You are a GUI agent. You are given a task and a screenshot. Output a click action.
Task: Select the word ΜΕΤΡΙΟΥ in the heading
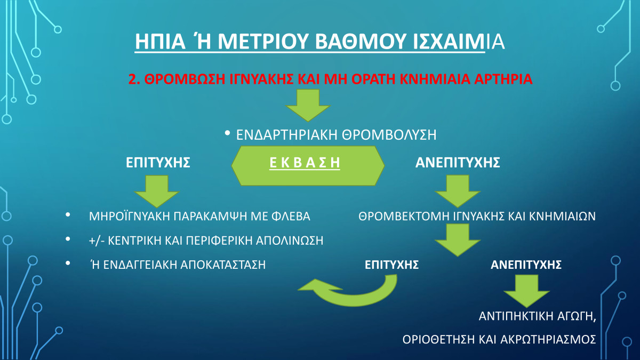[x=263, y=42]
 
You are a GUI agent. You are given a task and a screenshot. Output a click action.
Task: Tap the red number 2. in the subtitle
[x=134, y=79]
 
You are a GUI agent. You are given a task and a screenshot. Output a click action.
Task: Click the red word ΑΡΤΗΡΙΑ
[x=503, y=79]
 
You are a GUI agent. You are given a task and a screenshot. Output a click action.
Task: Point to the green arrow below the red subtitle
[x=308, y=105]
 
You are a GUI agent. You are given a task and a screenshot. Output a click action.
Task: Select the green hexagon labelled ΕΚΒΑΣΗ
[x=308, y=166]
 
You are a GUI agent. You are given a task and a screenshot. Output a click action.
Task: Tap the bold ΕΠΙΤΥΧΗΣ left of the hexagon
[x=158, y=162]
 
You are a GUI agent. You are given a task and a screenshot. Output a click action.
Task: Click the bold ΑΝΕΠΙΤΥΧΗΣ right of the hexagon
[x=458, y=162]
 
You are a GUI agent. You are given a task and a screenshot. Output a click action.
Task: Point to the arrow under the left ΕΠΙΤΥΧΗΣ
[x=157, y=191]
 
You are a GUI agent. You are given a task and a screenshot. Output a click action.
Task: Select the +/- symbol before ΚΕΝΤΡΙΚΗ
[x=97, y=241]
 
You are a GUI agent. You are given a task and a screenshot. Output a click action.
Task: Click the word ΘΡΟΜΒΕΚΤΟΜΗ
[x=404, y=216]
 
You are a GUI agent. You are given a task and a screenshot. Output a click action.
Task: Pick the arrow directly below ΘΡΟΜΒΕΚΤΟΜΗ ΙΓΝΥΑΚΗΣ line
[x=458, y=240]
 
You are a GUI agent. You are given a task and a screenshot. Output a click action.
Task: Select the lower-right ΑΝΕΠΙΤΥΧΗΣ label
[x=526, y=265]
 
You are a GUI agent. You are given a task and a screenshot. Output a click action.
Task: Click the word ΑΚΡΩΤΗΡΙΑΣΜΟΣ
[x=548, y=339]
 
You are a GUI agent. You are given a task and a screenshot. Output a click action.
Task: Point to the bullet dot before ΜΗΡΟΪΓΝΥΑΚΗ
[x=68, y=214]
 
